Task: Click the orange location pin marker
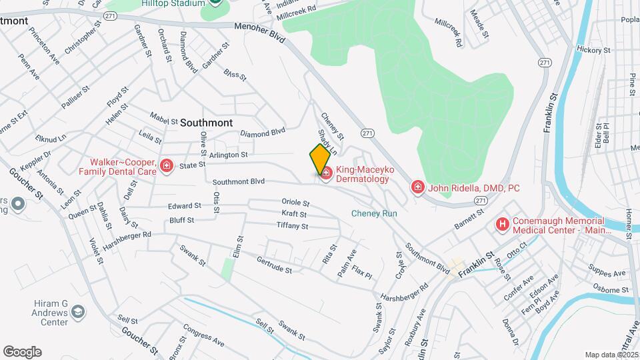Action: [319, 159]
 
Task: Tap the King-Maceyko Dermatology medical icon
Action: [326, 174]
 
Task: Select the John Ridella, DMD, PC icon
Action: [418, 187]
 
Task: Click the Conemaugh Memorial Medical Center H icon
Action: [502, 225]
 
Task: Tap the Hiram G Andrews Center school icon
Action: [78, 311]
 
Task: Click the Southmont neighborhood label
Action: [207, 123]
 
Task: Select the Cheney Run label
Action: [374, 213]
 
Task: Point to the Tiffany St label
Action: [292, 226]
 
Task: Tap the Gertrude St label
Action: [275, 265]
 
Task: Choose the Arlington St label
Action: [228, 155]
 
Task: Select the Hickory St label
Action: [593, 50]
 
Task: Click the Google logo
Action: [22, 352]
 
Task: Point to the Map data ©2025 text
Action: [611, 355]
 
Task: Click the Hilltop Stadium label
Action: [173, 3]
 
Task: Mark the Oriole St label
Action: [296, 203]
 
